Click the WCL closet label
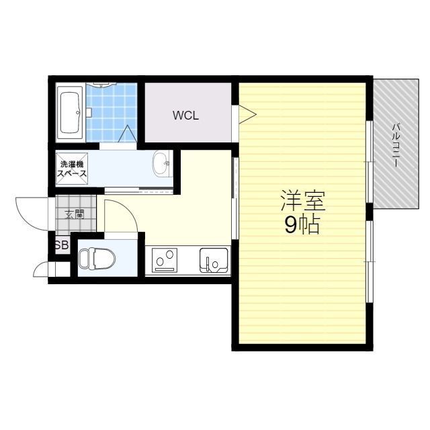[x=185, y=116]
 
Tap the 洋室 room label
[x=303, y=201]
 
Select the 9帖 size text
[x=302, y=225]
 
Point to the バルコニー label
[x=396, y=145]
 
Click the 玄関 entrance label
[x=75, y=214]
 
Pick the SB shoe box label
[x=62, y=245]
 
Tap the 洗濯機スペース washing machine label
[x=72, y=169]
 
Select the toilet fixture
[x=97, y=259]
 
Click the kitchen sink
[x=214, y=261]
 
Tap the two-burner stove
[x=165, y=260]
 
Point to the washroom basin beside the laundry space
[x=163, y=164]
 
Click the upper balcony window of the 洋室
[x=369, y=162]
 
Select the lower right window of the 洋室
[x=369, y=262]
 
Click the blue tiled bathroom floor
[x=112, y=112]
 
